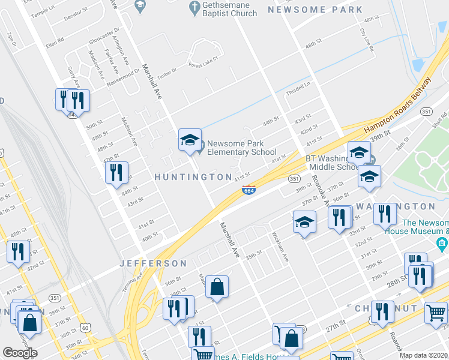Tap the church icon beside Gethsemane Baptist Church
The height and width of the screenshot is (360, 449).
coord(194,7)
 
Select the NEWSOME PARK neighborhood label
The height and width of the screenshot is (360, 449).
coord(315,10)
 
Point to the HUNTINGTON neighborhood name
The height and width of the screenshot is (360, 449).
coord(193,177)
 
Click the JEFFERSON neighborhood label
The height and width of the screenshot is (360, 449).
coord(153,263)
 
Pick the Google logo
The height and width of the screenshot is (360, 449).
coord(20,353)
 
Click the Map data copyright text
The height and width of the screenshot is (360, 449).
coord(424,355)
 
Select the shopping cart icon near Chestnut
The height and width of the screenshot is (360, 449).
coord(436,312)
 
